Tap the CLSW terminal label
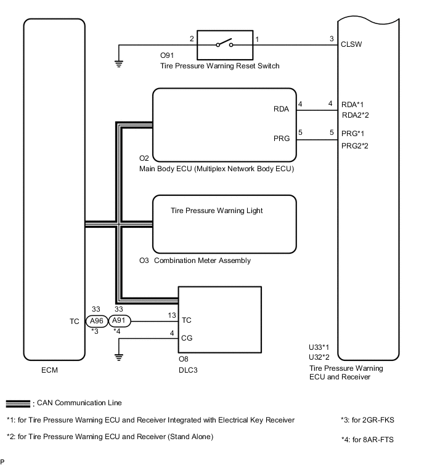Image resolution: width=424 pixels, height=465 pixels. (352, 44)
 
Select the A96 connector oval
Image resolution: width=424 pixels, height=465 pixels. (96, 321)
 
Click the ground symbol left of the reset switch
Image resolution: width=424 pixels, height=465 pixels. (118, 62)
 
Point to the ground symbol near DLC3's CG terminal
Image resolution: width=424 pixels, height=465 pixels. (118, 355)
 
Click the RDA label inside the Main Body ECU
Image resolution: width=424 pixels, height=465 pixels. (282, 109)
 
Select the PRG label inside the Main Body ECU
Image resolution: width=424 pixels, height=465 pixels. (282, 138)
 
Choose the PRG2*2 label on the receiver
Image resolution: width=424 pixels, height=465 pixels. (356, 145)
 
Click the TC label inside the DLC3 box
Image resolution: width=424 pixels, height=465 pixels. (187, 321)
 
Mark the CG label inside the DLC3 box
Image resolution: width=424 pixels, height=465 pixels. (187, 337)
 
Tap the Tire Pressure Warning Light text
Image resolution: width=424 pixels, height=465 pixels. (216, 211)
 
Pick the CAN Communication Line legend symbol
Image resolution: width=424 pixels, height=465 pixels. (19, 403)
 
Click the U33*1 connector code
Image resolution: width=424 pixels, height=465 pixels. (319, 347)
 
